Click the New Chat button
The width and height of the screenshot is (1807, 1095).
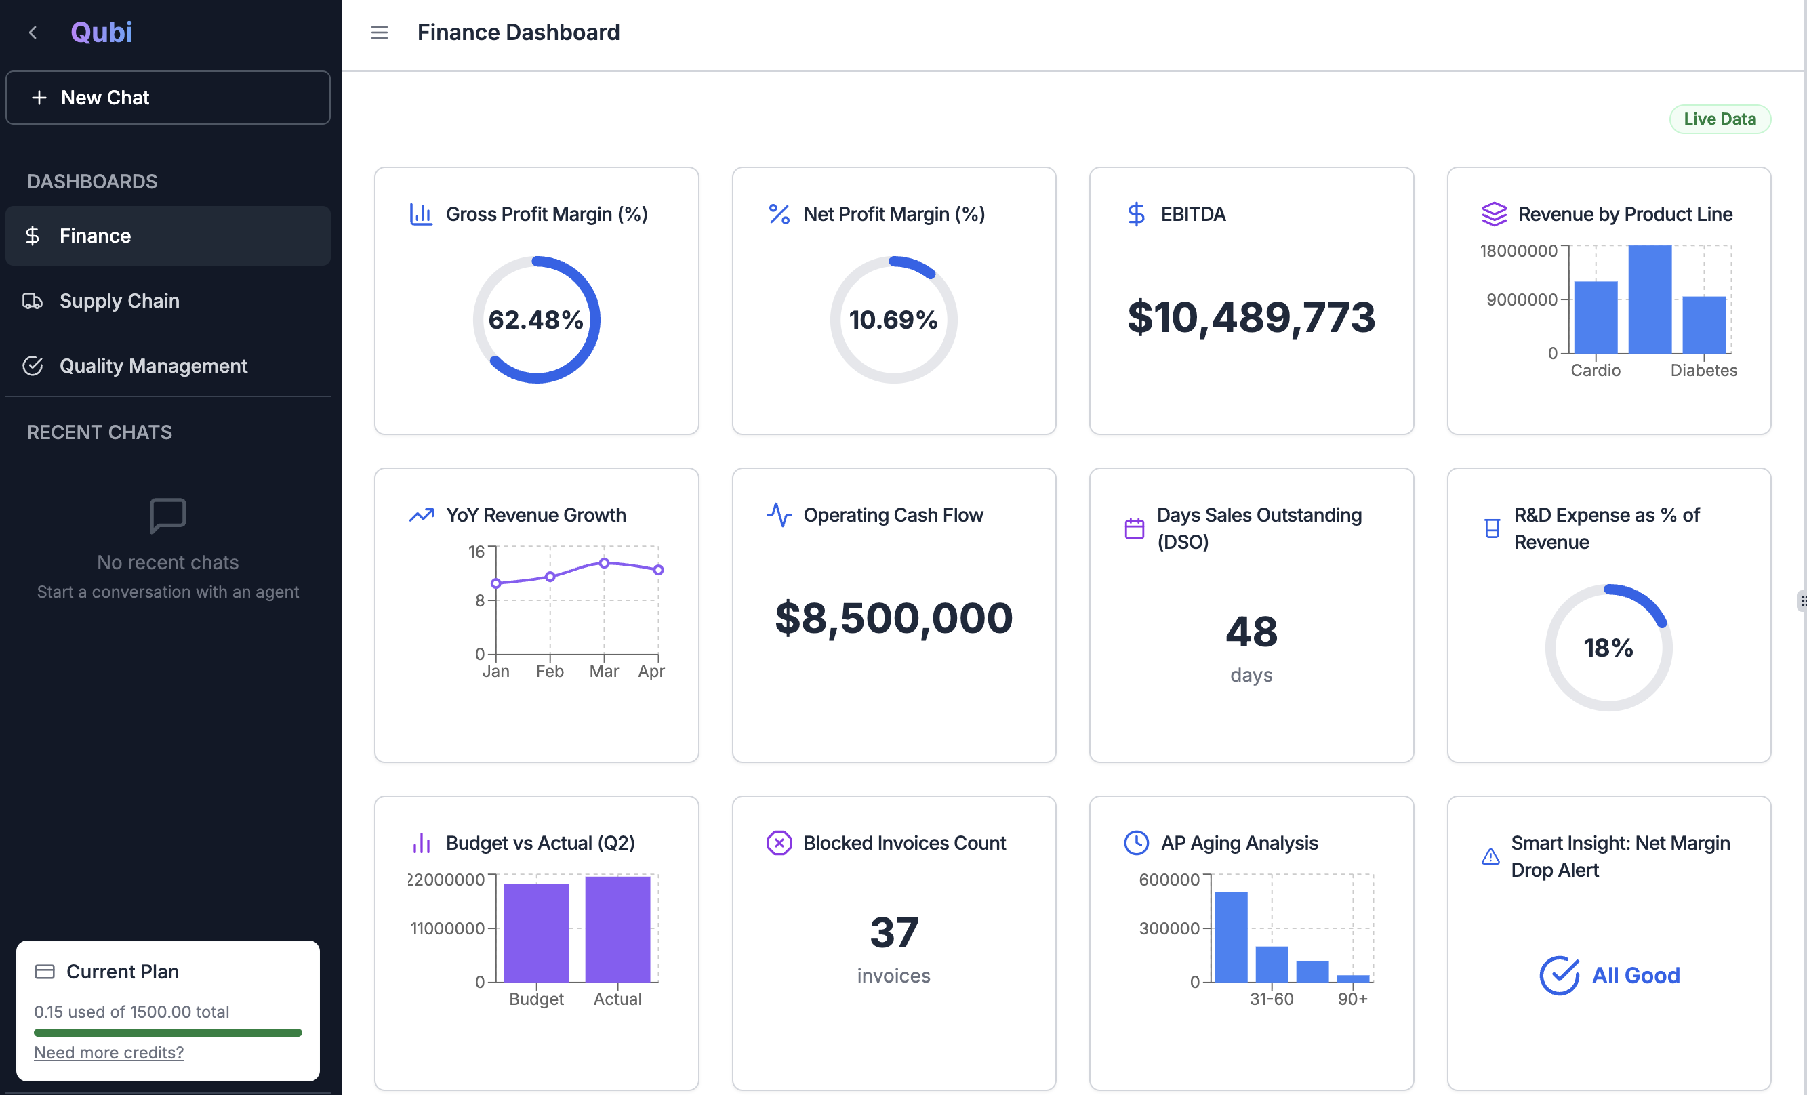click(x=167, y=98)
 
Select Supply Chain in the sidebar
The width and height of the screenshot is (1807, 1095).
click(x=119, y=300)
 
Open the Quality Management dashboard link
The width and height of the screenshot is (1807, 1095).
click(x=153, y=366)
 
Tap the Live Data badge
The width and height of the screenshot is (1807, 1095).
click(x=1719, y=119)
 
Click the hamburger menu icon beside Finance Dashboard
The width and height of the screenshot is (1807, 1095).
click(x=379, y=33)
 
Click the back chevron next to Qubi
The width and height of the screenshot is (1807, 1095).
click(x=33, y=33)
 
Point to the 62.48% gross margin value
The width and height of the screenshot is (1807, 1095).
click(x=535, y=320)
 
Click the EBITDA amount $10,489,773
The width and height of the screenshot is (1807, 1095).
click(x=1251, y=317)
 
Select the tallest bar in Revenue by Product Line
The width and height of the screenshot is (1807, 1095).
click(x=1649, y=299)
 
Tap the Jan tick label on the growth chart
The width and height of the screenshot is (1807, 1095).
click(x=495, y=671)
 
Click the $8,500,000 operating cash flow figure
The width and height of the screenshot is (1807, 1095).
click(x=893, y=618)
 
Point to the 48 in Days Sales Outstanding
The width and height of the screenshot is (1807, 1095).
click(x=1251, y=631)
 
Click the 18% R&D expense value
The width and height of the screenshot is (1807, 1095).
click(x=1608, y=648)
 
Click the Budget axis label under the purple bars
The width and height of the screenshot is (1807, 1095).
click(x=536, y=998)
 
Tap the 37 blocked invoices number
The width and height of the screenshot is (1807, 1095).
click(x=893, y=932)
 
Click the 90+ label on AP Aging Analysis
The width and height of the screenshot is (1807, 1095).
click(x=1352, y=998)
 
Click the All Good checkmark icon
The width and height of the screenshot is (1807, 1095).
click(x=1558, y=975)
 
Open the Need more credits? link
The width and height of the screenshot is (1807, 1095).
click(x=108, y=1052)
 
